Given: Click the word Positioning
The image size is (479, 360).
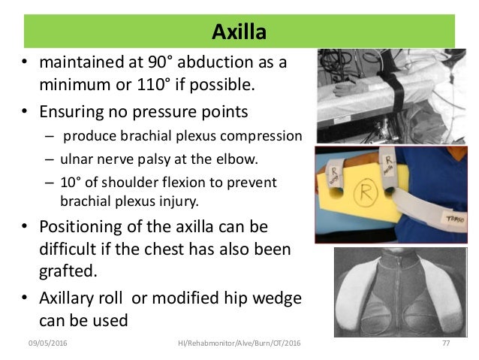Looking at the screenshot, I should (83, 226).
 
